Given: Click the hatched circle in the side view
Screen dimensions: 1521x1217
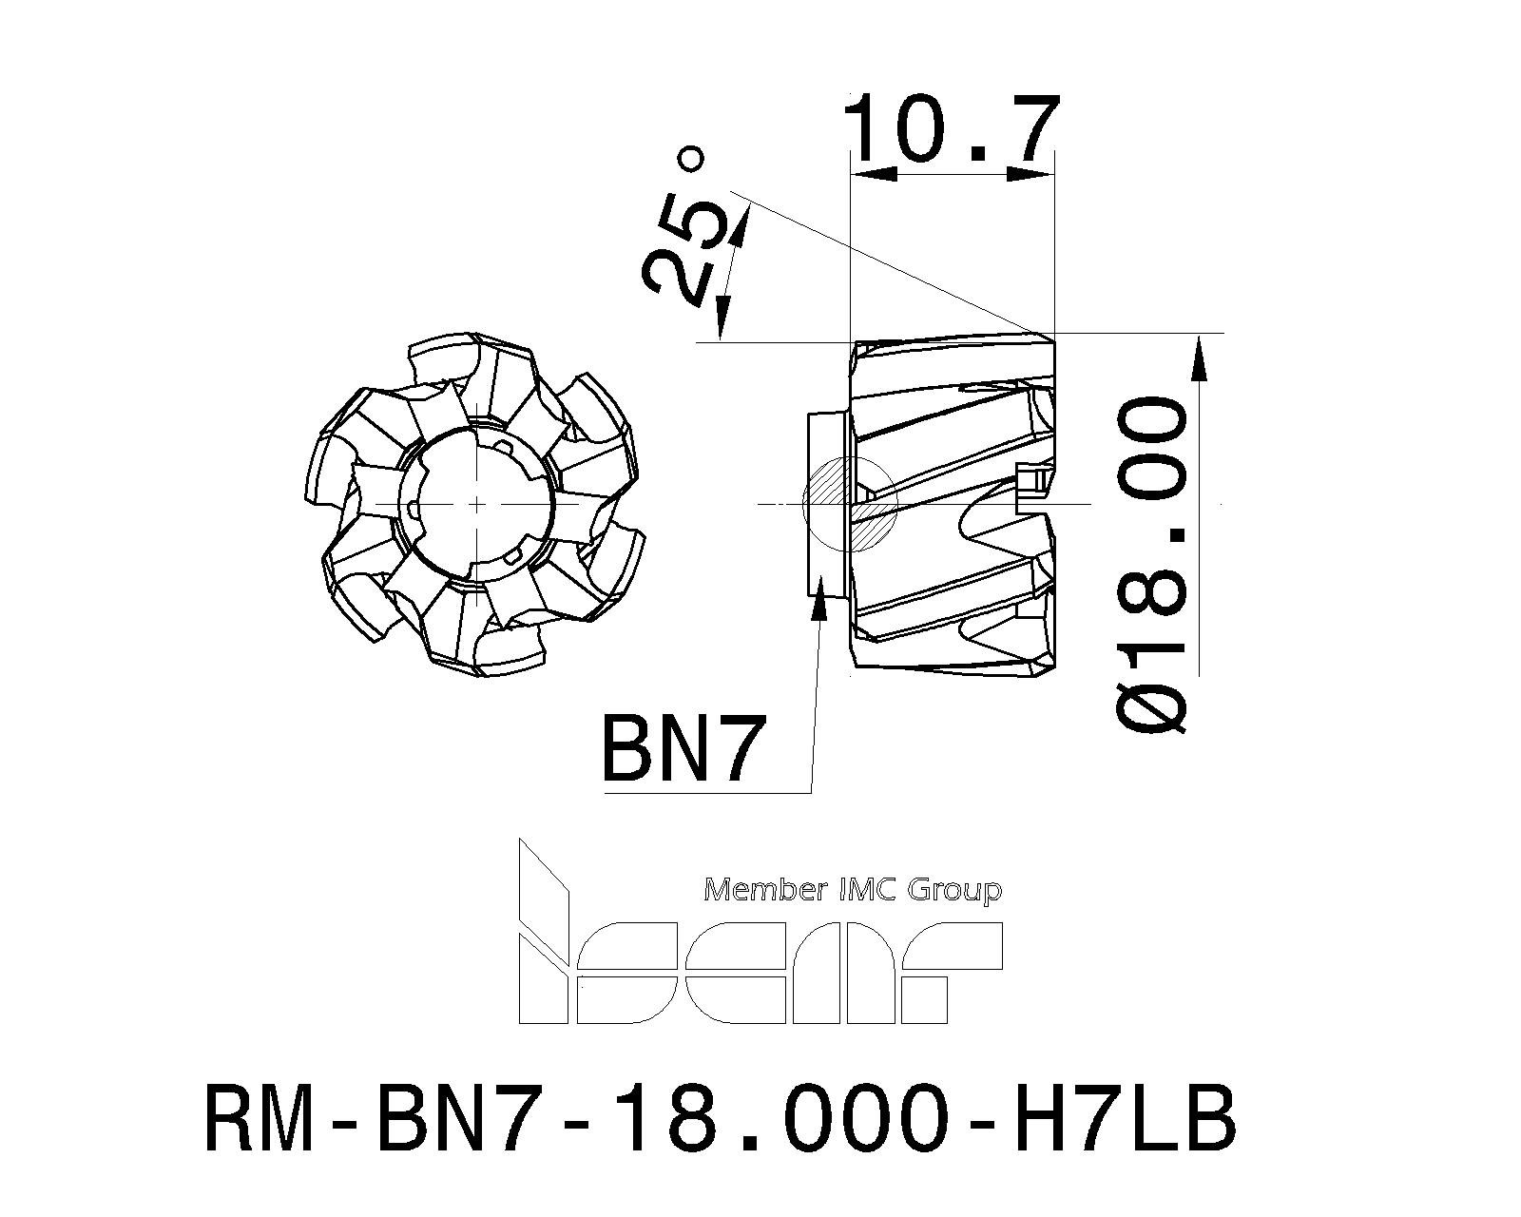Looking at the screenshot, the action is (x=850, y=504).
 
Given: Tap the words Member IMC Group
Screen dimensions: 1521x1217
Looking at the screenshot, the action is (x=854, y=891).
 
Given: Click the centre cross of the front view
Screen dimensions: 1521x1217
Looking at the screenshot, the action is (x=478, y=504).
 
